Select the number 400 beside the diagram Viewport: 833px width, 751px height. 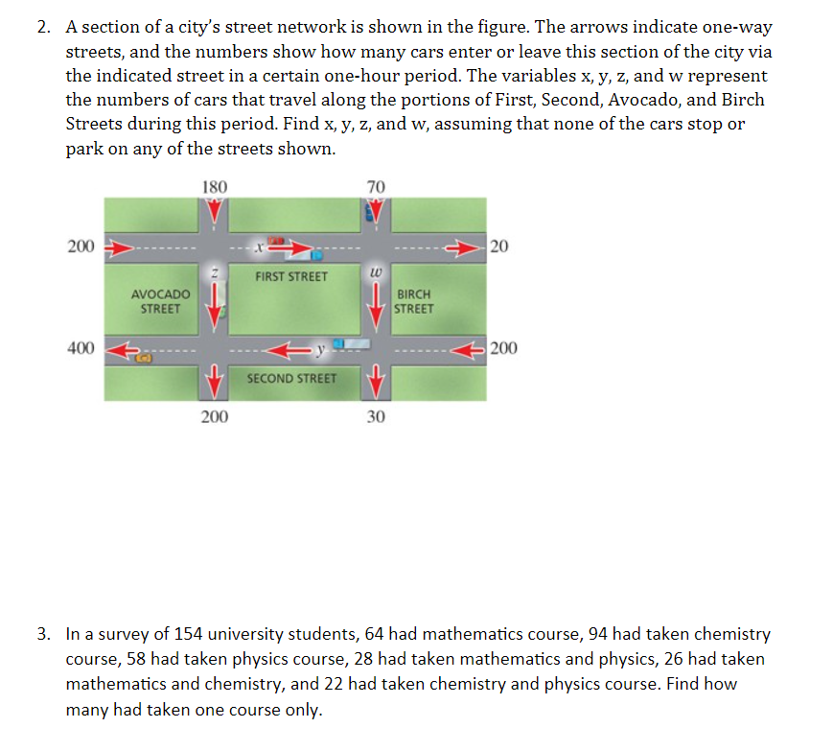coord(81,347)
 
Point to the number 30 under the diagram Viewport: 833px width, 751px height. coord(376,416)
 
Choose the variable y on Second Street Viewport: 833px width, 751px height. coord(325,346)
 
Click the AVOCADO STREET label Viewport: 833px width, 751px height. coord(160,301)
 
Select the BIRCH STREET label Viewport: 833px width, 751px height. coord(414,301)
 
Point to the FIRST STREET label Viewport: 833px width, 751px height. coord(291,276)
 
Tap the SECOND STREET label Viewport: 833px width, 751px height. coord(292,378)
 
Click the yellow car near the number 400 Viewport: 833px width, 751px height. coord(144,357)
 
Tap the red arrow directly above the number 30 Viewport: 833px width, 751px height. coord(376,384)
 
